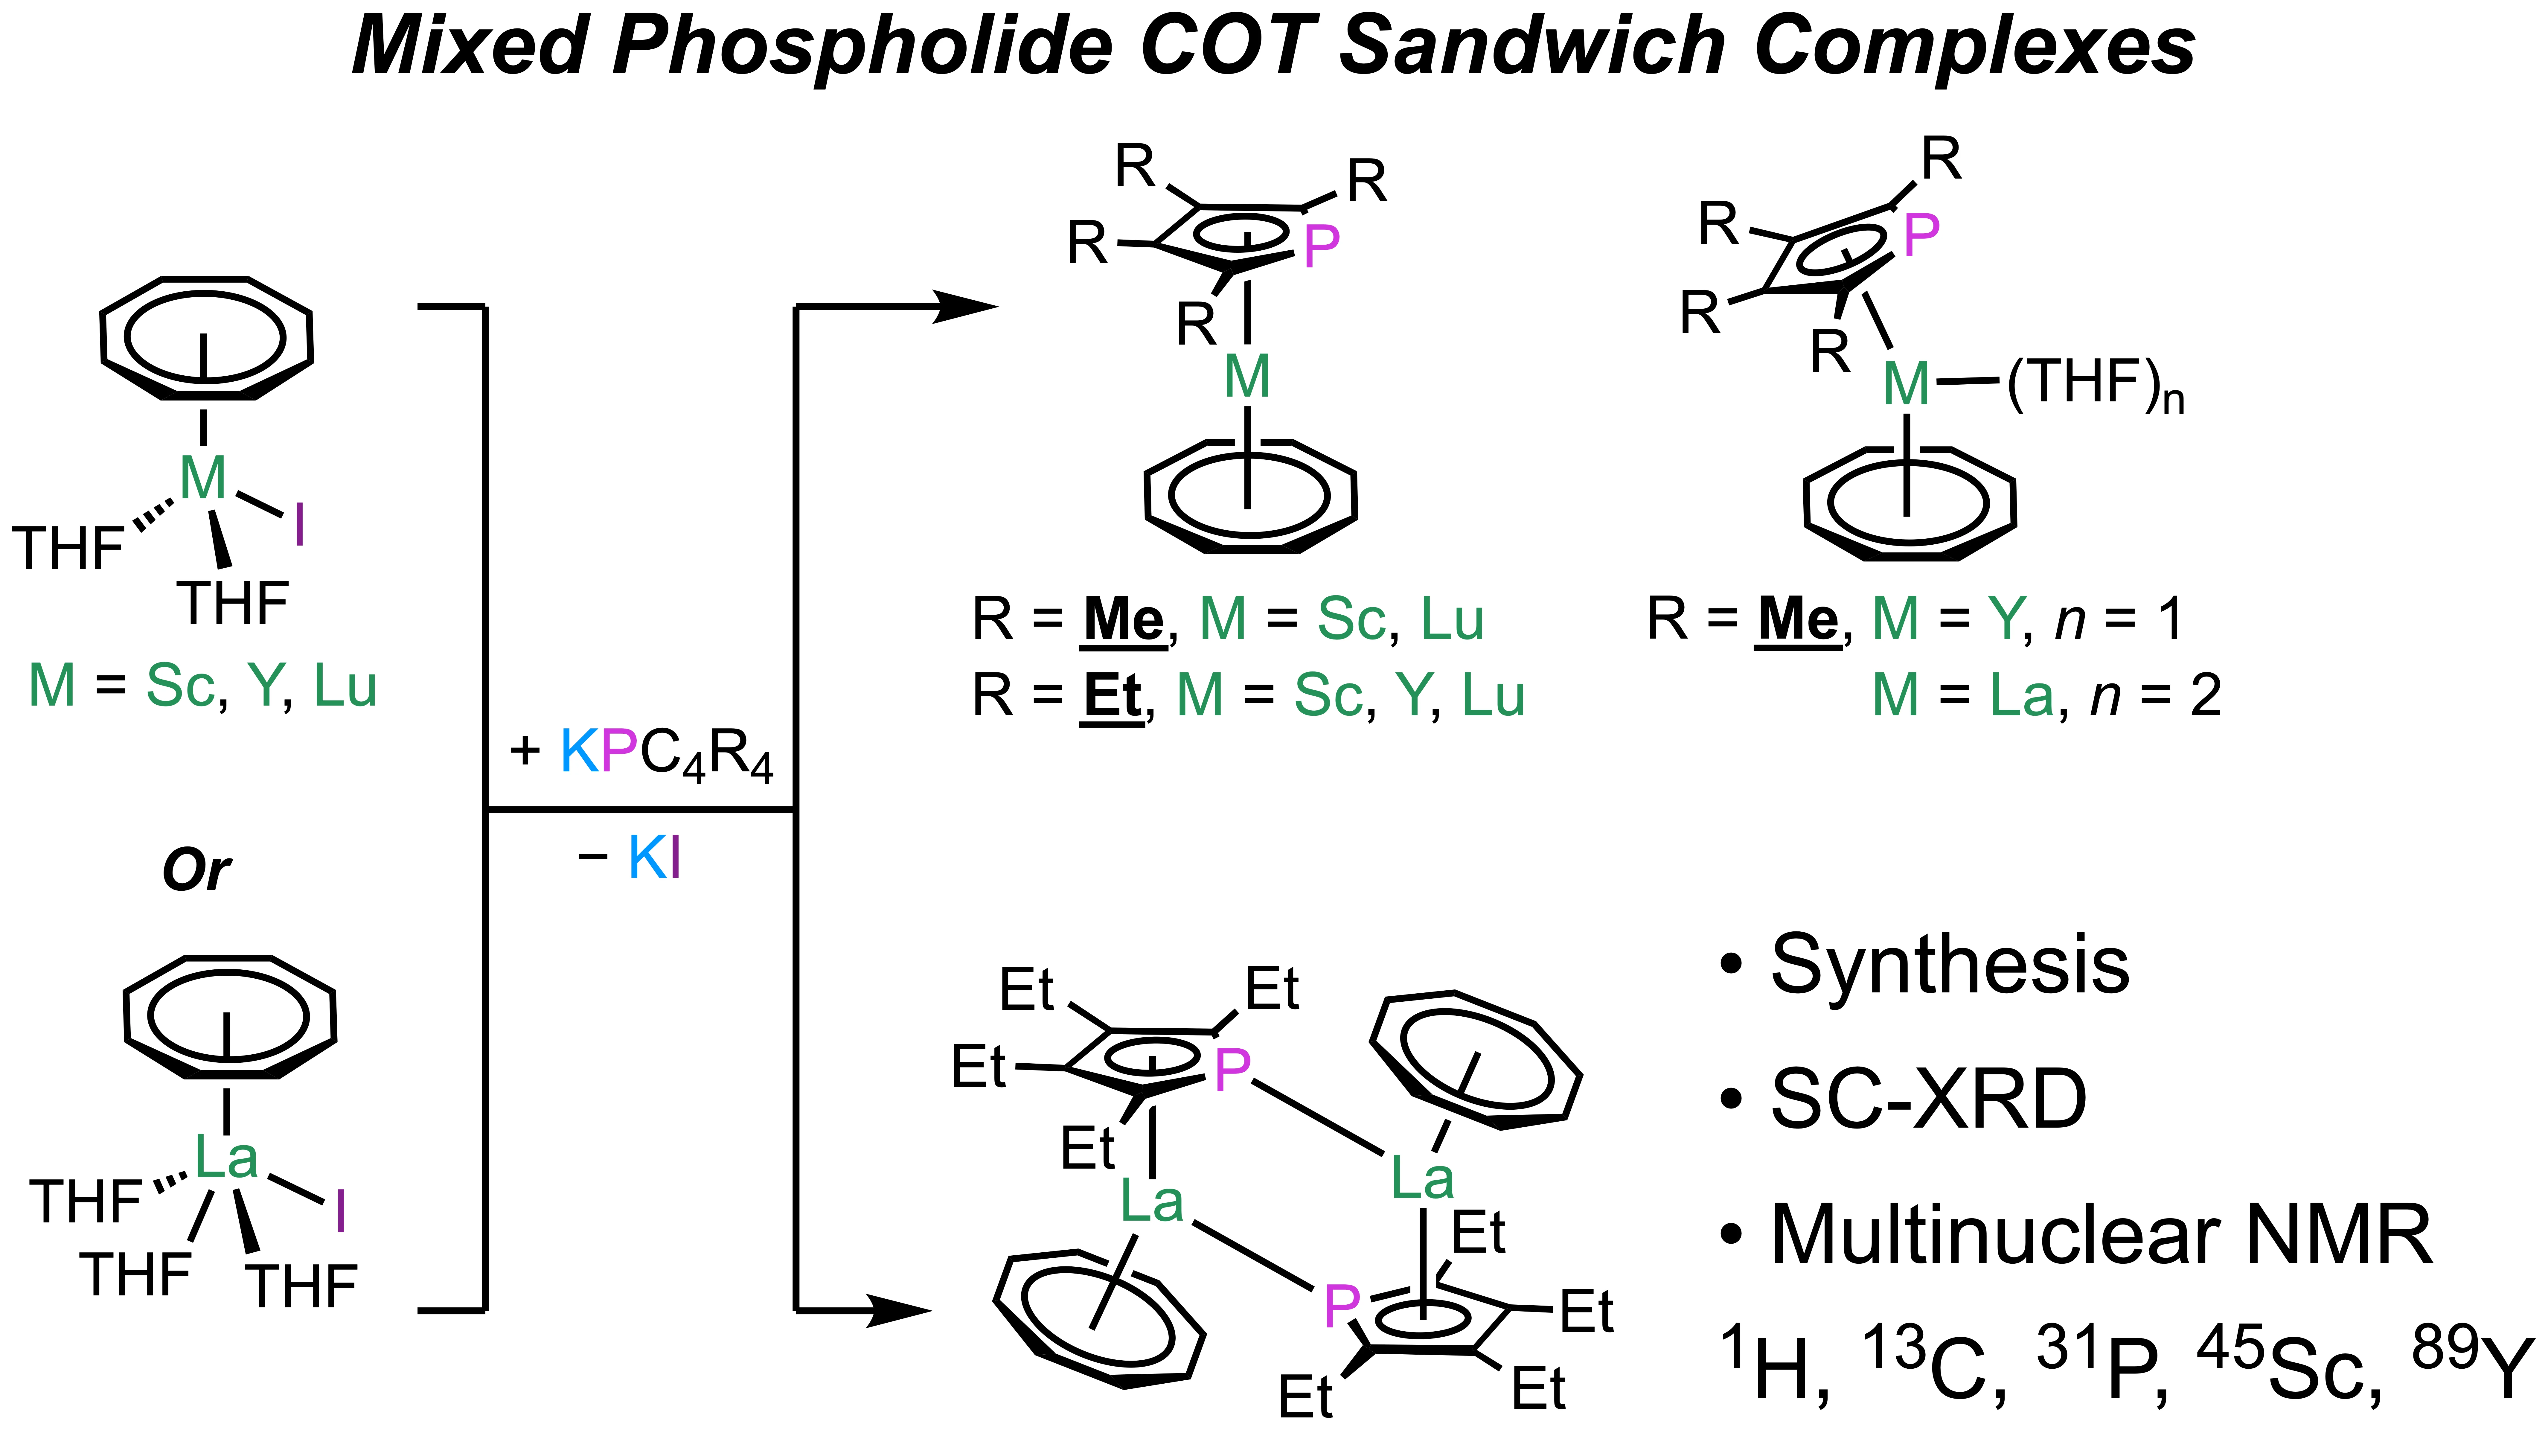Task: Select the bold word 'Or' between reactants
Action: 196,870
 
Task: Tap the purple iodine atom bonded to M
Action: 299,524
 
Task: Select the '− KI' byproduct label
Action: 629,858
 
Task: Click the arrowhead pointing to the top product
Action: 964,307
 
